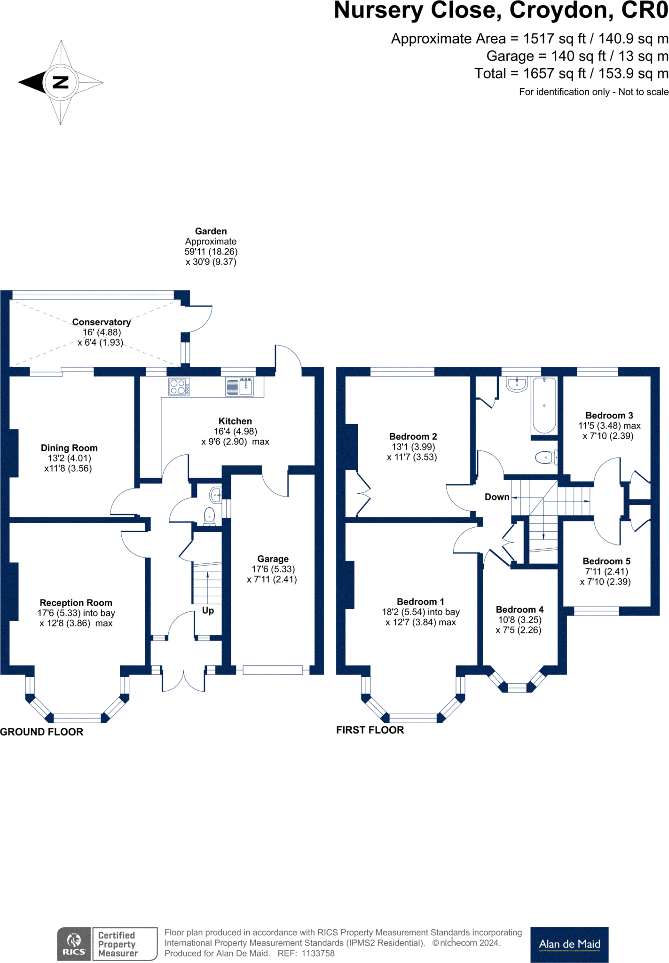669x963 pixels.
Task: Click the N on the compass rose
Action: tap(61, 82)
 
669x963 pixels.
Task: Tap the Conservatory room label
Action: tap(101, 322)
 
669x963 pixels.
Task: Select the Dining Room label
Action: tap(69, 448)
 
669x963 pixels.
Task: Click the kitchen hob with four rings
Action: tap(179, 387)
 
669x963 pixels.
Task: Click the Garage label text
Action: tap(273, 559)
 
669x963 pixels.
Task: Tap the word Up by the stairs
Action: tap(208, 610)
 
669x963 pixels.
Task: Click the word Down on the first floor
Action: tap(497, 497)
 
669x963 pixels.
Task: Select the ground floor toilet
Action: tap(209, 515)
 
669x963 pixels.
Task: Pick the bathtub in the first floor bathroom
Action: tap(544, 405)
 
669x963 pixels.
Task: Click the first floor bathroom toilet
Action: tap(545, 457)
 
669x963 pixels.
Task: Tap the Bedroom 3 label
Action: tap(609, 416)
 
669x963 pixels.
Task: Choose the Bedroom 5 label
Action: tap(606, 561)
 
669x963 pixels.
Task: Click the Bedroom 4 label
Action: tap(519, 610)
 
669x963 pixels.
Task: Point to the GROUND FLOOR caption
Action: tap(42, 732)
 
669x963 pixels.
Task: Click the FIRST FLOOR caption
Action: tap(370, 730)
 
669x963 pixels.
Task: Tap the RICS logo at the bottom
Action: tap(74, 944)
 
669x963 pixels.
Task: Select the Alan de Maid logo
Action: tap(569, 944)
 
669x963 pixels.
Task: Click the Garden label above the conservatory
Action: tap(211, 231)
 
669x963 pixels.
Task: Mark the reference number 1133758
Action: tap(318, 953)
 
